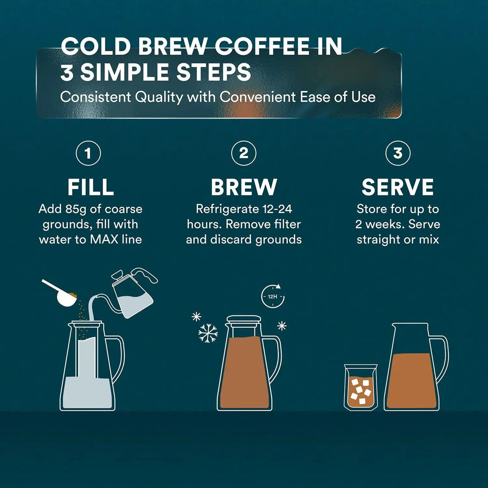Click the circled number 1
[x=88, y=153]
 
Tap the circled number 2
[x=244, y=153]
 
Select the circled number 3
[x=398, y=153]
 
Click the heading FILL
[x=91, y=187]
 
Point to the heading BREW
[x=244, y=187]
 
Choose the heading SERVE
[x=398, y=187]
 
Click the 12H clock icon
[x=273, y=296]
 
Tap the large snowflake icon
[x=208, y=333]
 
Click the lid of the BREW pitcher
[x=244, y=320]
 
